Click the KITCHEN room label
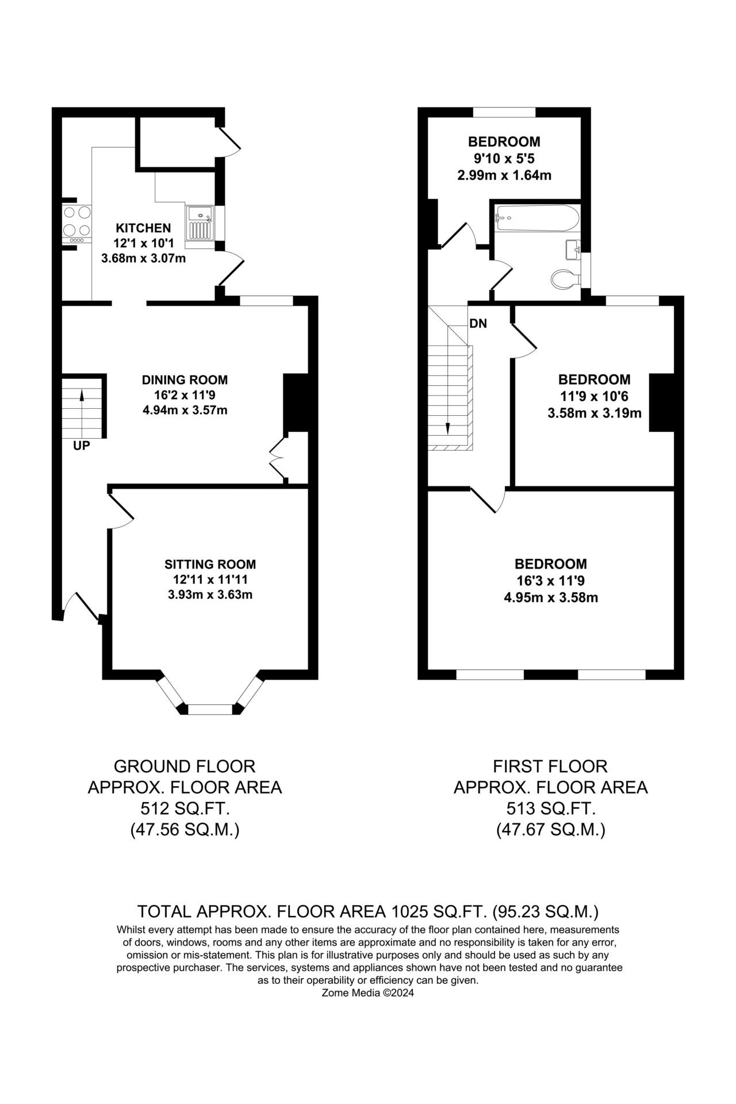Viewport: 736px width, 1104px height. pyautogui.click(x=143, y=228)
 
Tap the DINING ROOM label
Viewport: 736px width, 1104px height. pyautogui.click(x=185, y=379)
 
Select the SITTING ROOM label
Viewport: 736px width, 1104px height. pyautogui.click(x=210, y=564)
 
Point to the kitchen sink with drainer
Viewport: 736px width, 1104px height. pyautogui.click(x=200, y=223)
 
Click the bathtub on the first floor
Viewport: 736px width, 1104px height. pyautogui.click(x=538, y=218)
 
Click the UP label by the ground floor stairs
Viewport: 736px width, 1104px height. pyautogui.click(x=82, y=445)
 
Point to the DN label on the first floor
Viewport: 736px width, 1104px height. pyautogui.click(x=478, y=324)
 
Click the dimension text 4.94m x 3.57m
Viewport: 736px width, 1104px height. pyautogui.click(x=185, y=410)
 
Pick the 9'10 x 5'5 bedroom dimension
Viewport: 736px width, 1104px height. pyautogui.click(x=504, y=158)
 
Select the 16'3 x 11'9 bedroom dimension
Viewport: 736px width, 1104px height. pyautogui.click(x=551, y=580)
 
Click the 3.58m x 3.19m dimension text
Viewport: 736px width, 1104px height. pyautogui.click(x=594, y=412)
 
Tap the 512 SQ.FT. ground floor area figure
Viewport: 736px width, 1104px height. pyautogui.click(x=185, y=809)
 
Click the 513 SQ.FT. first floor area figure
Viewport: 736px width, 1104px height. pyautogui.click(x=551, y=809)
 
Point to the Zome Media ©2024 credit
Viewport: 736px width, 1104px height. pyautogui.click(x=368, y=992)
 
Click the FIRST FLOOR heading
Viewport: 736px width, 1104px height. pyautogui.click(x=551, y=766)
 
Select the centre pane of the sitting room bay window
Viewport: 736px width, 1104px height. pyautogui.click(x=210, y=709)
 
